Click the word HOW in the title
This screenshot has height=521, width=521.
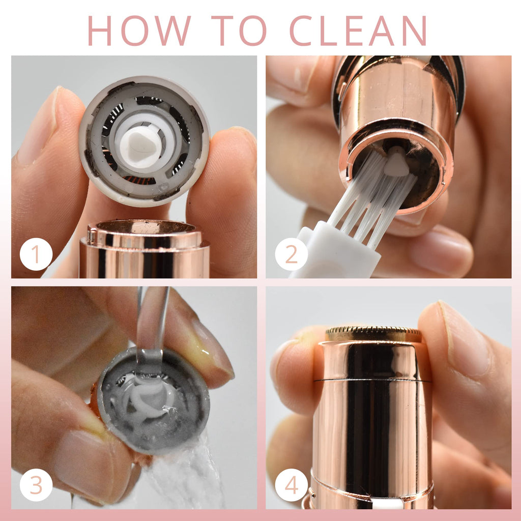click(x=139, y=31)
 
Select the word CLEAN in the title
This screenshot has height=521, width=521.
click(x=358, y=31)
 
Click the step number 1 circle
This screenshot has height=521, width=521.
click(x=36, y=254)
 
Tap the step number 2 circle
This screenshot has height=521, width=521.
click(x=292, y=254)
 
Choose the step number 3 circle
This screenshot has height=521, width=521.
click(x=36, y=485)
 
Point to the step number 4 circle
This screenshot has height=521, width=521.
click(x=292, y=485)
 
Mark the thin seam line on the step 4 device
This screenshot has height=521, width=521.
click(x=372, y=380)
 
